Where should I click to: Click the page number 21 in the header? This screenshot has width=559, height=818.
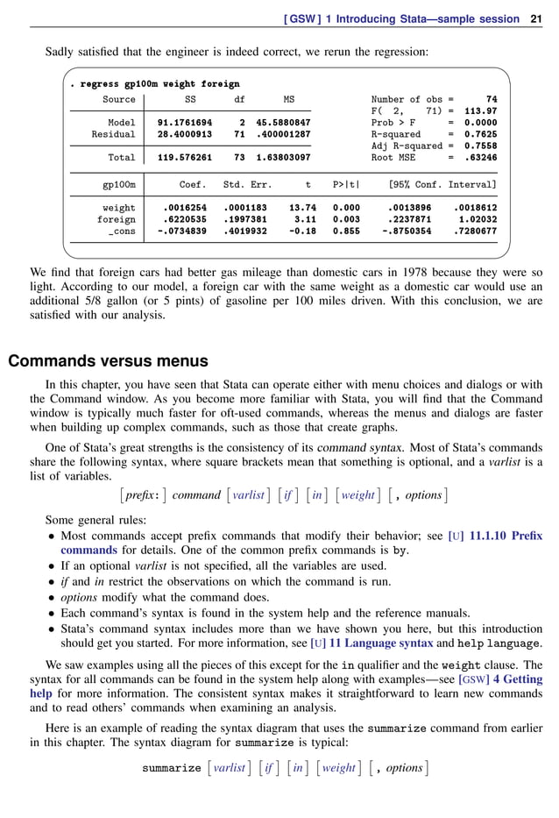point(536,18)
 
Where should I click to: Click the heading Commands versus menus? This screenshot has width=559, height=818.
point(108,360)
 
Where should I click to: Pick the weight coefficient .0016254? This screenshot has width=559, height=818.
point(184,208)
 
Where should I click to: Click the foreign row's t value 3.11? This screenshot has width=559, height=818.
point(305,219)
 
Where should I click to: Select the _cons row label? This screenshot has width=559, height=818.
point(122,231)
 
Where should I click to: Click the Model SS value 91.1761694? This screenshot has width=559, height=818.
point(184,123)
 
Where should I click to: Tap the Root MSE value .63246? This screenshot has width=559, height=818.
point(480,158)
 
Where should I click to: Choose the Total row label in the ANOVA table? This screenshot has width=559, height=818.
point(121,158)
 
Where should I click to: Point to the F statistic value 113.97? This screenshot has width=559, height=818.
point(480,111)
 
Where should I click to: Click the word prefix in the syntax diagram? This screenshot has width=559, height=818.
point(142,495)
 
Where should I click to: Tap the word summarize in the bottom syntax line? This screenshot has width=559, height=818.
point(172,768)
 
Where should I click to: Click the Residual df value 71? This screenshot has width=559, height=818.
point(239,134)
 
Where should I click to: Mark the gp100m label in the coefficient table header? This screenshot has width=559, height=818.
point(118,185)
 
